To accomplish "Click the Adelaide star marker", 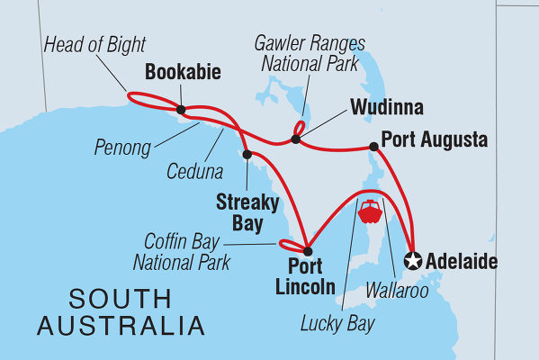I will (x=413, y=261).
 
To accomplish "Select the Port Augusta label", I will (x=435, y=140).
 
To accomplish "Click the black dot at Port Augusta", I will (x=373, y=147).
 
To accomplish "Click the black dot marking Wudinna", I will (x=295, y=139).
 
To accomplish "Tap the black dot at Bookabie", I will (x=181, y=111).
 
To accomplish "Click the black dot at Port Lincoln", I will (x=307, y=251).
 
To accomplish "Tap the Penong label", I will (x=122, y=147).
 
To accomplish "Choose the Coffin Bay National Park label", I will (x=187, y=252).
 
